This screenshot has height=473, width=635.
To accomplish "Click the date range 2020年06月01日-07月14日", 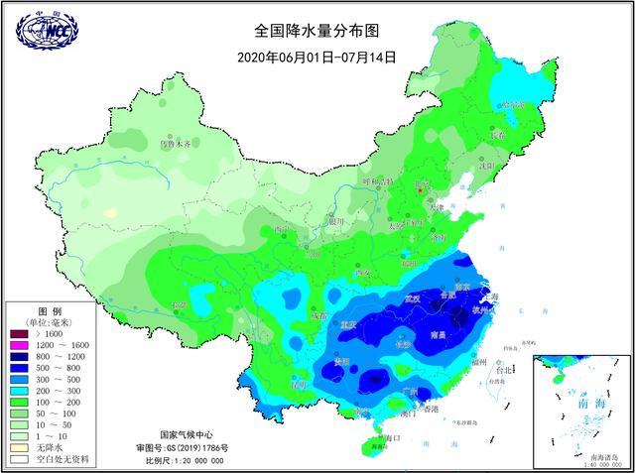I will [x=317, y=58].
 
